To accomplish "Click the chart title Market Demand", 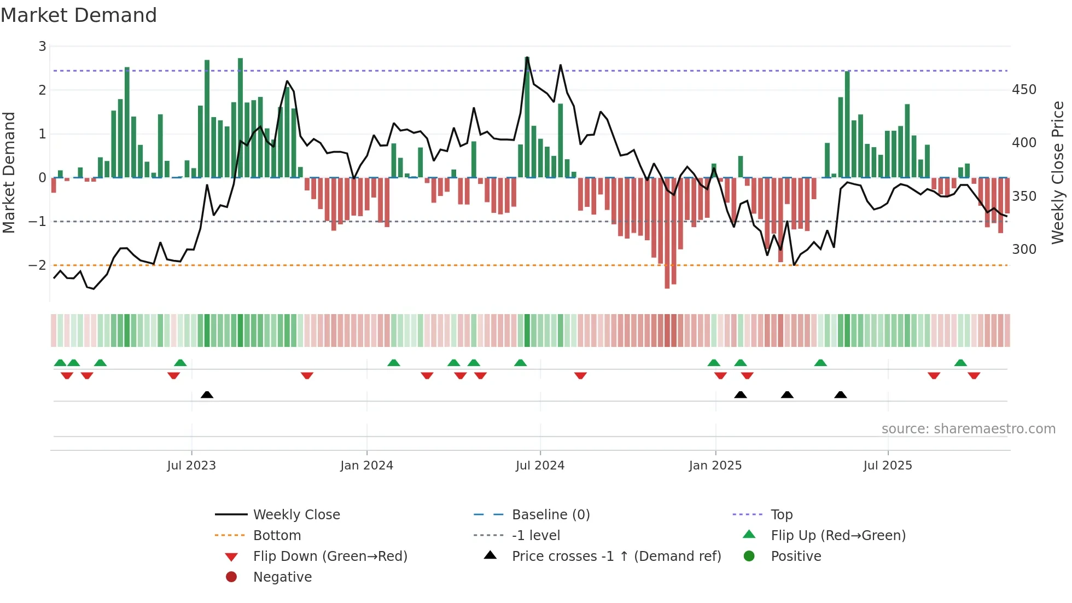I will click(79, 15).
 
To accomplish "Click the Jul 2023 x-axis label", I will click(191, 466).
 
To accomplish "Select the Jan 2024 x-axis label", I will click(366, 466).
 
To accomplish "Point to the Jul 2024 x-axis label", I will click(540, 466).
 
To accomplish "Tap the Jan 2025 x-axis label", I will click(715, 466).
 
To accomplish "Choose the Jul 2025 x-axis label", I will click(888, 466).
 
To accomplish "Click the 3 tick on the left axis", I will click(42, 47).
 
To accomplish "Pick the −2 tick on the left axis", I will click(38, 265).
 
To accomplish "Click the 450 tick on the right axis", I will click(1024, 90).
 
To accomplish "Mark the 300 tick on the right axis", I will click(1024, 250).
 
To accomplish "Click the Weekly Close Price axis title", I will click(1058, 172).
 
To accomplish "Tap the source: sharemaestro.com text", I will click(968, 429).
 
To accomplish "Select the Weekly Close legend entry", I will click(296, 515).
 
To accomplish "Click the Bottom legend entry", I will click(277, 536).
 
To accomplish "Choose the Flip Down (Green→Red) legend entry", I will click(330, 556).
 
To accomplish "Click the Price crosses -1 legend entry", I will click(616, 556).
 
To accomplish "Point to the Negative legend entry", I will click(282, 577).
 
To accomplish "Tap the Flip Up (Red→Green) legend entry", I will click(838, 536).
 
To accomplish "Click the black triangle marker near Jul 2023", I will click(207, 395).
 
